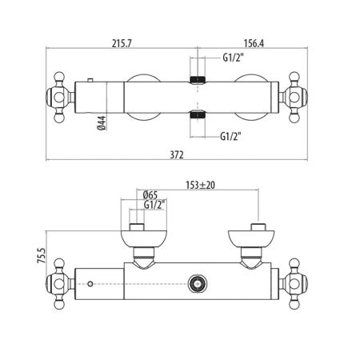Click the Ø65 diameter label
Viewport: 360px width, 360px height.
150,194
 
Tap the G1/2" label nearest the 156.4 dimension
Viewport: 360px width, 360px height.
231,58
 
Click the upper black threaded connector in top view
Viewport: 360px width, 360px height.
198,79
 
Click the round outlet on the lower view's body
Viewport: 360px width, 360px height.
196,282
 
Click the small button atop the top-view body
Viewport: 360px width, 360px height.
92,80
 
